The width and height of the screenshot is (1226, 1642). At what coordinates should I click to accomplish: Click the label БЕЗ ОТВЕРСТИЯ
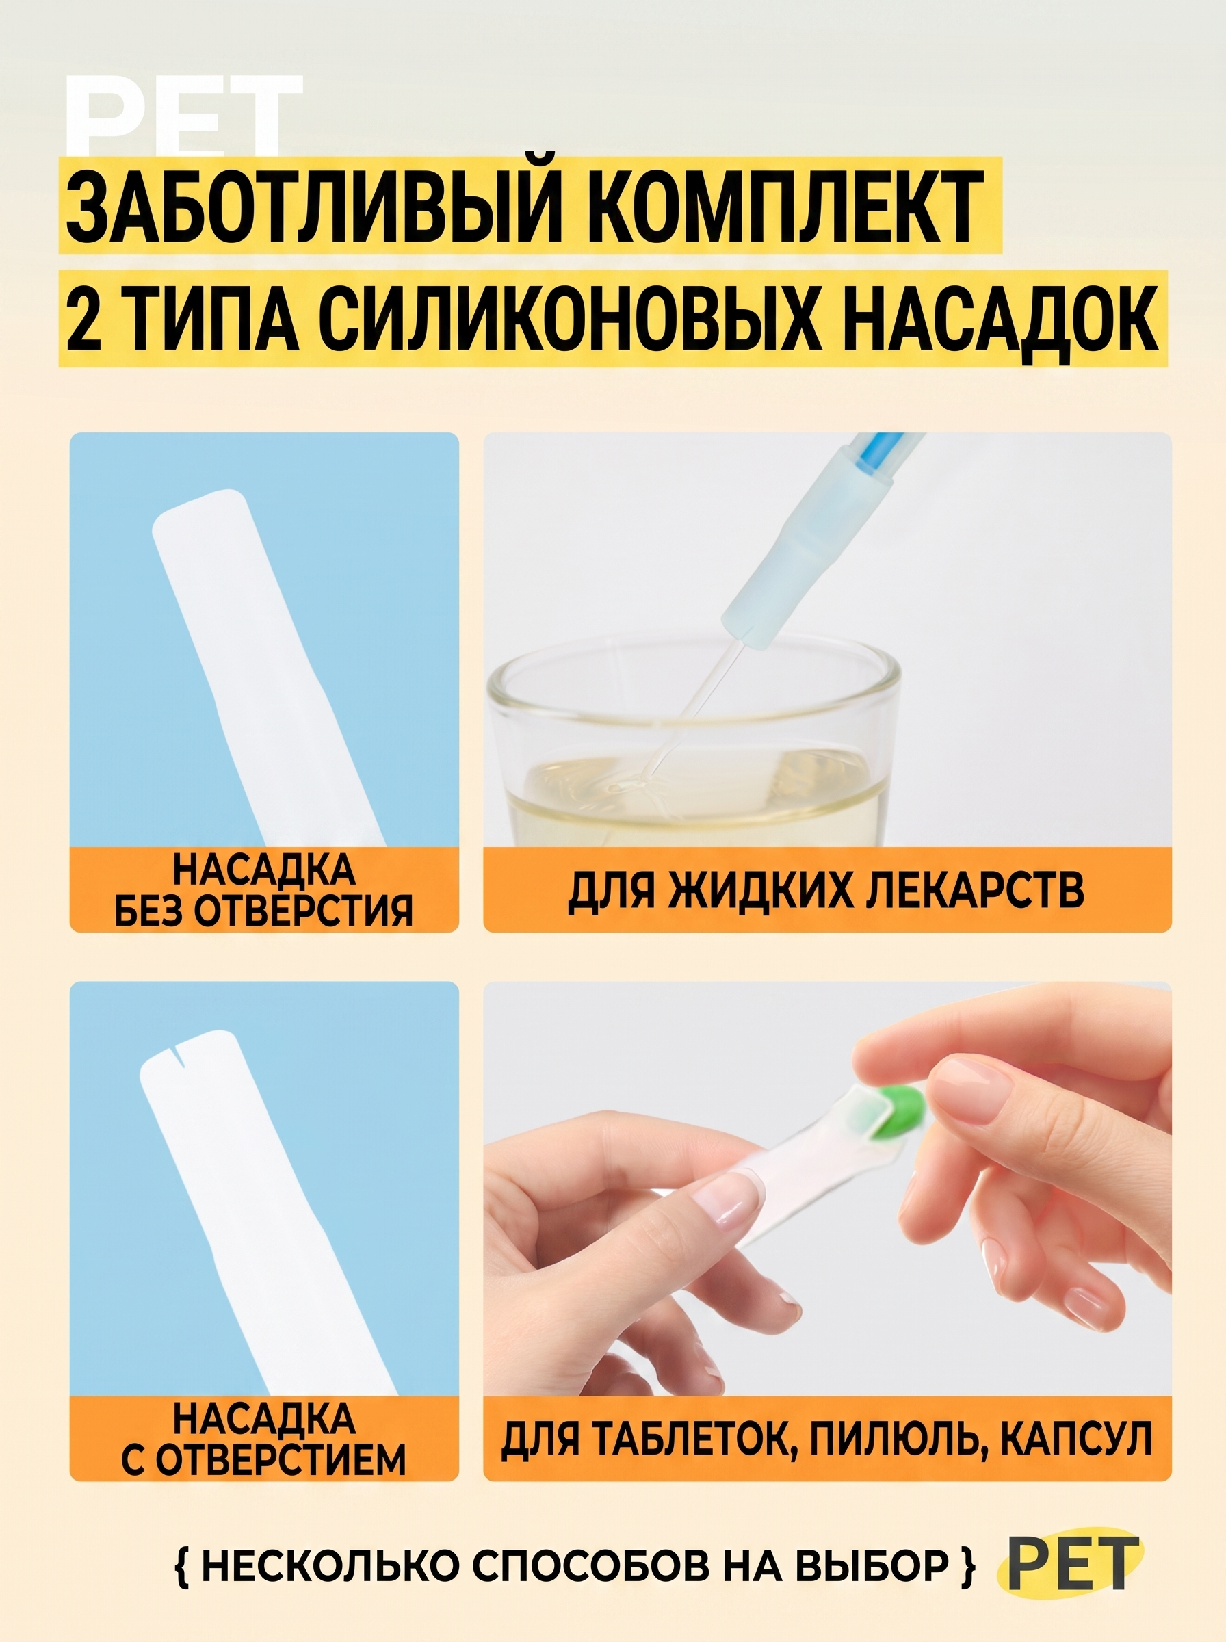click(263, 909)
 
